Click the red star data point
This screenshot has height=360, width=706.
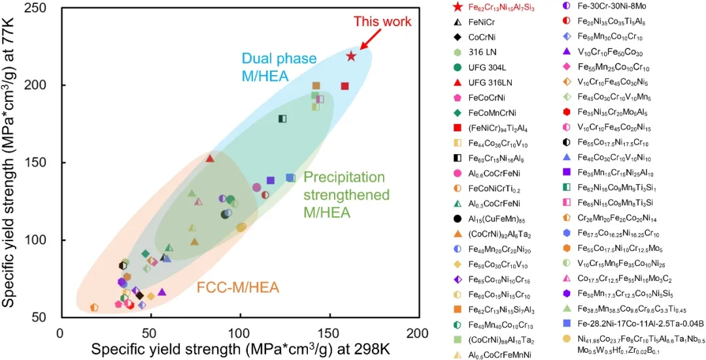point(351,56)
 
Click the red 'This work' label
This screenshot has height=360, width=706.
point(382,22)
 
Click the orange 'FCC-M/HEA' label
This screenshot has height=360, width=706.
point(238,287)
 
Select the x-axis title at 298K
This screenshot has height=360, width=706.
point(240,349)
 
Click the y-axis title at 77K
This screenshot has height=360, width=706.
point(11,163)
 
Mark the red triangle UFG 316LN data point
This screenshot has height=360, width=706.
point(210,158)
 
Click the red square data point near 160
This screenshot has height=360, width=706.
point(345,86)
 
